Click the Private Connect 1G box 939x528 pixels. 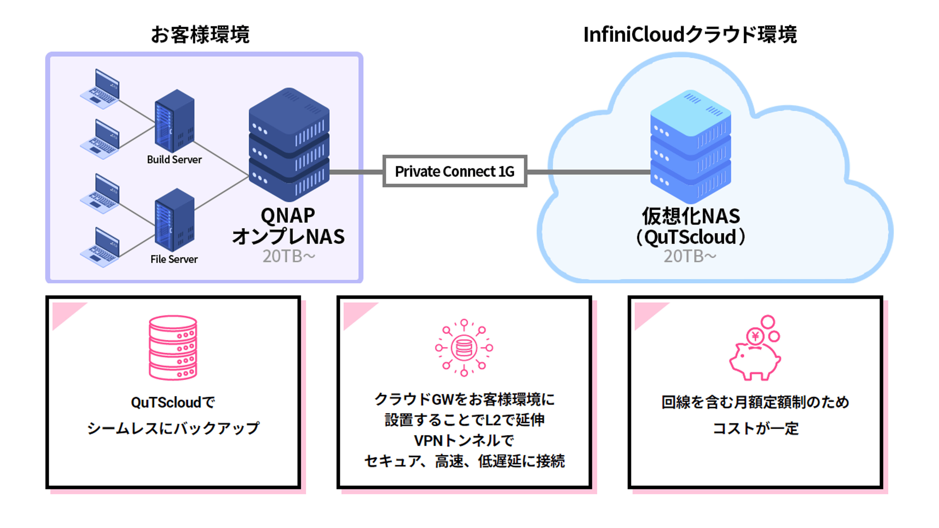coord(455,171)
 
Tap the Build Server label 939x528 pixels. coord(174,160)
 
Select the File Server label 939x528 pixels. coord(174,259)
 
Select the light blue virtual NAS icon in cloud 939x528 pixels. coord(690,147)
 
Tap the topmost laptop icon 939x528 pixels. coord(100,89)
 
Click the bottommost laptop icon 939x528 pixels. coord(100,248)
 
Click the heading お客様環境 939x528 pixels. coord(200,35)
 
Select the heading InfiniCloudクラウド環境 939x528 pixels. coord(690,35)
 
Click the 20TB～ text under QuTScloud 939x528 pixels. coord(690,256)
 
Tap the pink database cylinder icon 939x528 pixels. coord(173,348)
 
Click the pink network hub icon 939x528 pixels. coord(464,348)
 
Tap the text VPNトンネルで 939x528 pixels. coord(464,441)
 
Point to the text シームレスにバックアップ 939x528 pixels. coord(173,428)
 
